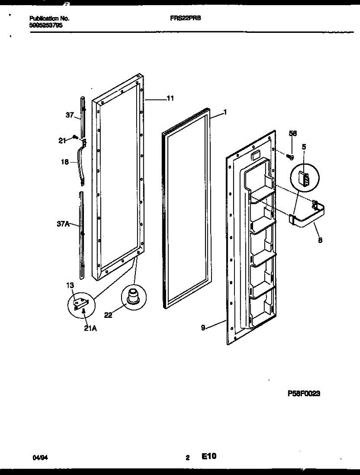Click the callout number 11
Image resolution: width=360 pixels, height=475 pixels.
pos(170,99)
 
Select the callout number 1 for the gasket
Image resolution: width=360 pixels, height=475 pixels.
pos(225,112)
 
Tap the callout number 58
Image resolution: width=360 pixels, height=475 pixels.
pos(293,134)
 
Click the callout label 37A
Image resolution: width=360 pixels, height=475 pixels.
pos(63,224)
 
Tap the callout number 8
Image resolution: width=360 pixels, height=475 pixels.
pos(320,239)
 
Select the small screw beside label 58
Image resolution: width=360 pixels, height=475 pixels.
pos(290,158)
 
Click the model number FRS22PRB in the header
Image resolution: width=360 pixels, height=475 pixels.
pos(183,18)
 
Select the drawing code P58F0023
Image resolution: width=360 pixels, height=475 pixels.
pos(304,394)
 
